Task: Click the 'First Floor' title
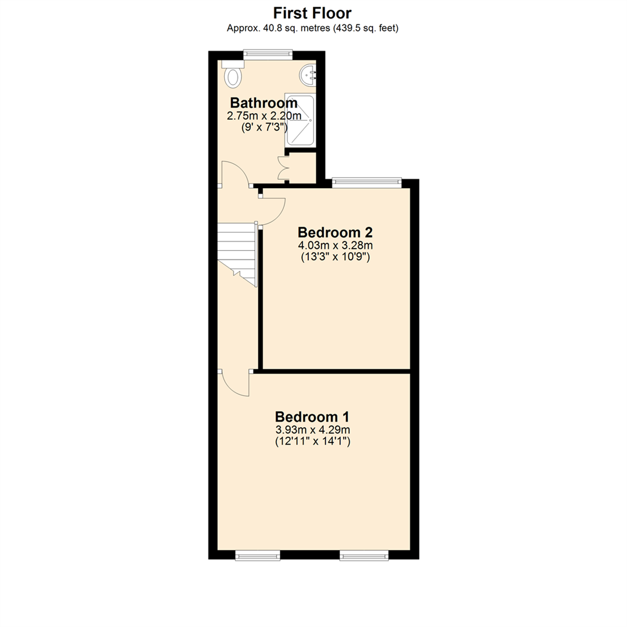(312, 13)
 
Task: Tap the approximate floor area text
(312, 28)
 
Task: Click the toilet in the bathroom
(232, 74)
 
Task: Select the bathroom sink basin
(308, 75)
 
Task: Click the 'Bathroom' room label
(264, 103)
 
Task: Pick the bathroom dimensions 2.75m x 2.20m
(264, 116)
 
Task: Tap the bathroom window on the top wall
(268, 55)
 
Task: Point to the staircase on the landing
(236, 254)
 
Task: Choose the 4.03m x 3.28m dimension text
(335, 245)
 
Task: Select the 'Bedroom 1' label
(312, 417)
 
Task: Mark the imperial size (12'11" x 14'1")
(312, 442)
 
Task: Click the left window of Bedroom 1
(258, 555)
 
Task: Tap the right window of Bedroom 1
(364, 555)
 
